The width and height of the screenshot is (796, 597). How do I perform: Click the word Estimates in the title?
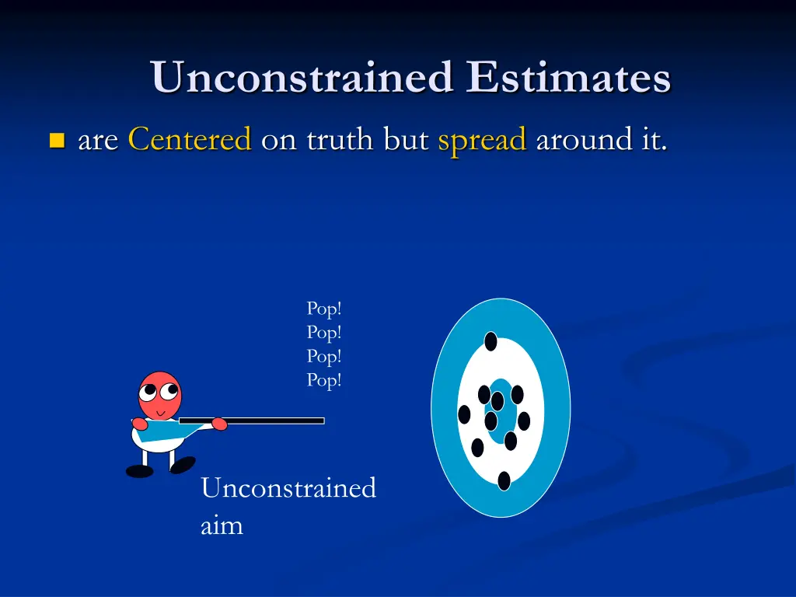[569, 78]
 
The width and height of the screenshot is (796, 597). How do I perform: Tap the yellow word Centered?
[190, 140]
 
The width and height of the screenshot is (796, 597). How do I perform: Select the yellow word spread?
[482, 141]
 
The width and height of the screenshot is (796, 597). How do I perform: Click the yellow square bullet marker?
[56, 141]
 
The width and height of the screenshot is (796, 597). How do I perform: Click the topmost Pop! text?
[324, 309]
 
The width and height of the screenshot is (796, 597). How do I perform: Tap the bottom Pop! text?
[324, 380]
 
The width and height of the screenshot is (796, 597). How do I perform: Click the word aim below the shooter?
[222, 525]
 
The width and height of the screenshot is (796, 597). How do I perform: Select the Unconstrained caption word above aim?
[288, 488]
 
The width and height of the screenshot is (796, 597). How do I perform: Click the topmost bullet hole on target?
[491, 341]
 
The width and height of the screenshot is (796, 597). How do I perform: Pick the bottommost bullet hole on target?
[504, 480]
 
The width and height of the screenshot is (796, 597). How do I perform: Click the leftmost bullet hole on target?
[464, 414]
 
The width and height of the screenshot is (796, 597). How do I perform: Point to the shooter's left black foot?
[139, 471]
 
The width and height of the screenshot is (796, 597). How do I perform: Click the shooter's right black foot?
[183, 465]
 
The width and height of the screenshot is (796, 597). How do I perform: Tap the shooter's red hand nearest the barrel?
[219, 424]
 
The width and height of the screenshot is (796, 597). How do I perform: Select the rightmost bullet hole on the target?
[524, 421]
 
